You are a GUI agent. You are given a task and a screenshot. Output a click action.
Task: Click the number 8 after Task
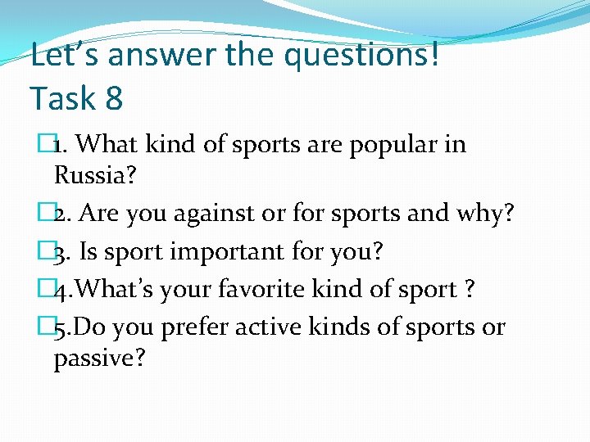(114, 98)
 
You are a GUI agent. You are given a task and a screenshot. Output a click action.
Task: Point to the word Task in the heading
(62, 98)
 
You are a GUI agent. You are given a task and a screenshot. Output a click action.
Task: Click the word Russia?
(94, 174)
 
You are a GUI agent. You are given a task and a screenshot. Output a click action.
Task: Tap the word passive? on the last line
(99, 358)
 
